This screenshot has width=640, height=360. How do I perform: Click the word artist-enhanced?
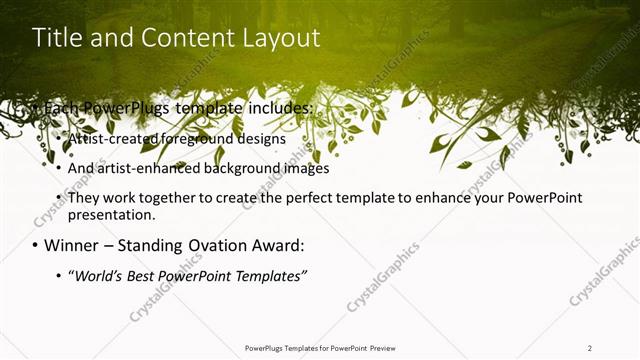[147, 168]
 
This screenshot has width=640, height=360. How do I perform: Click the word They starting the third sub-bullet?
[84, 198]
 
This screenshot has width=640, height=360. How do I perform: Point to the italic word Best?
[144, 275]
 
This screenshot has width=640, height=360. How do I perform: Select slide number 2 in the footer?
[590, 348]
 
